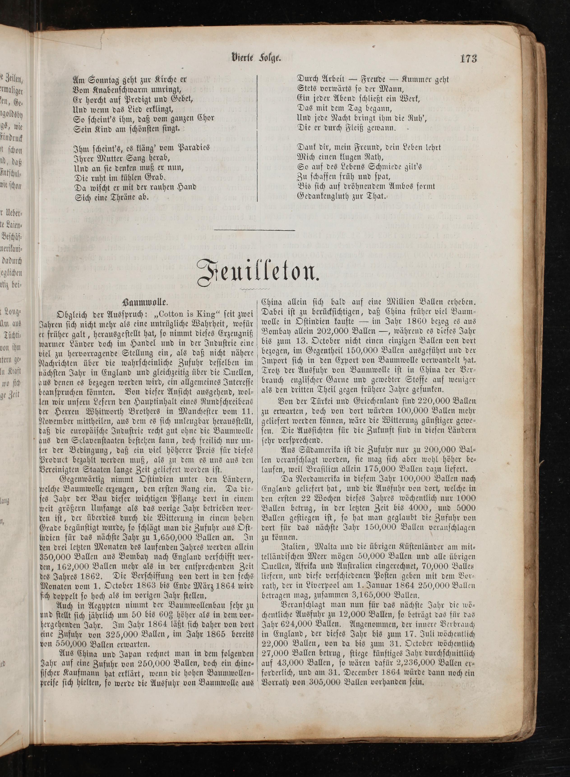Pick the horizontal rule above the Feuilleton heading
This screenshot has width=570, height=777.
[x=254, y=230]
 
